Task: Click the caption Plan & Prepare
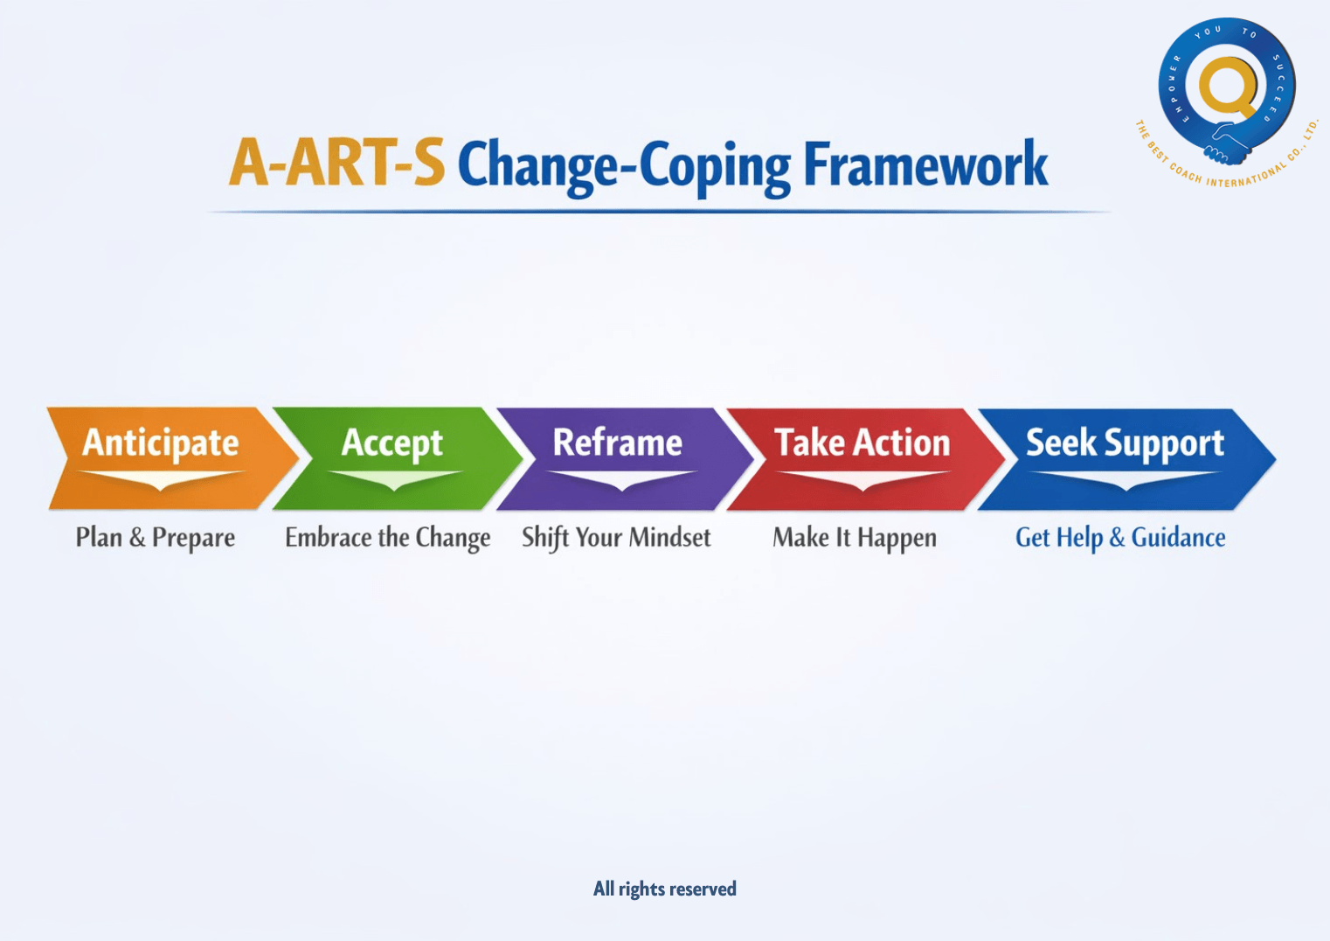(155, 537)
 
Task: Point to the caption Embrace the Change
(387, 537)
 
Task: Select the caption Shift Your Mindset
(616, 537)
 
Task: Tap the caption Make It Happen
(854, 537)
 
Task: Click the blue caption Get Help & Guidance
(1119, 537)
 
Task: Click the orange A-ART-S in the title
(336, 164)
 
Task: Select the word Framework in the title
(925, 164)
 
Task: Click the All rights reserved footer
(664, 889)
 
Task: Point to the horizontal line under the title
(660, 212)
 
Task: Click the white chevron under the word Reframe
(620, 480)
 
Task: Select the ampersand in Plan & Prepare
(137, 538)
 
